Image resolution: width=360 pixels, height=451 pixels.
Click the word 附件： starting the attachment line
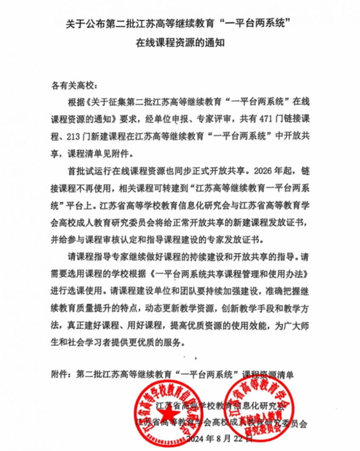coord(62,374)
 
